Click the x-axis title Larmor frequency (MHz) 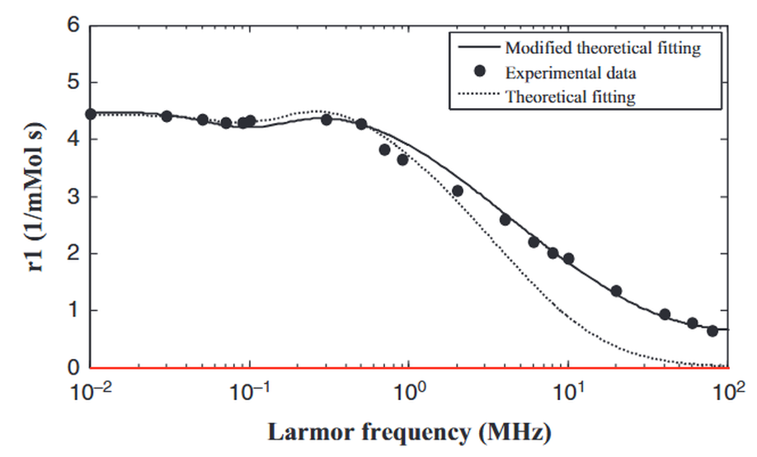coord(410,431)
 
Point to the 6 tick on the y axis coord(72,26)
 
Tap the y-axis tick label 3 coord(72,197)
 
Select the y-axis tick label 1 coord(72,311)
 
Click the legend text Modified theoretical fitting coord(602,48)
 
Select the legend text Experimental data coord(571,73)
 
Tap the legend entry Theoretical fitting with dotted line coord(570,97)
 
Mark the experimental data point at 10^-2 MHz coord(92,114)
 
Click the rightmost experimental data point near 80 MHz coord(712,331)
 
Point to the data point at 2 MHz coord(458,191)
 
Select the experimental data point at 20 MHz coord(616,291)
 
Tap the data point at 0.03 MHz coord(167,116)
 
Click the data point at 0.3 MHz coord(327,120)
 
